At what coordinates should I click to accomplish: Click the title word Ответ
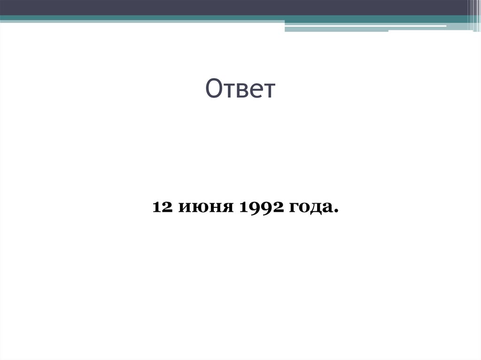[240, 90]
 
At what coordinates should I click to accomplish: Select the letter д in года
[318, 208]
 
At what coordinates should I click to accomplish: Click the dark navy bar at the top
[235, 8]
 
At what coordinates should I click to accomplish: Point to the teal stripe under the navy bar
[141, 18]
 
